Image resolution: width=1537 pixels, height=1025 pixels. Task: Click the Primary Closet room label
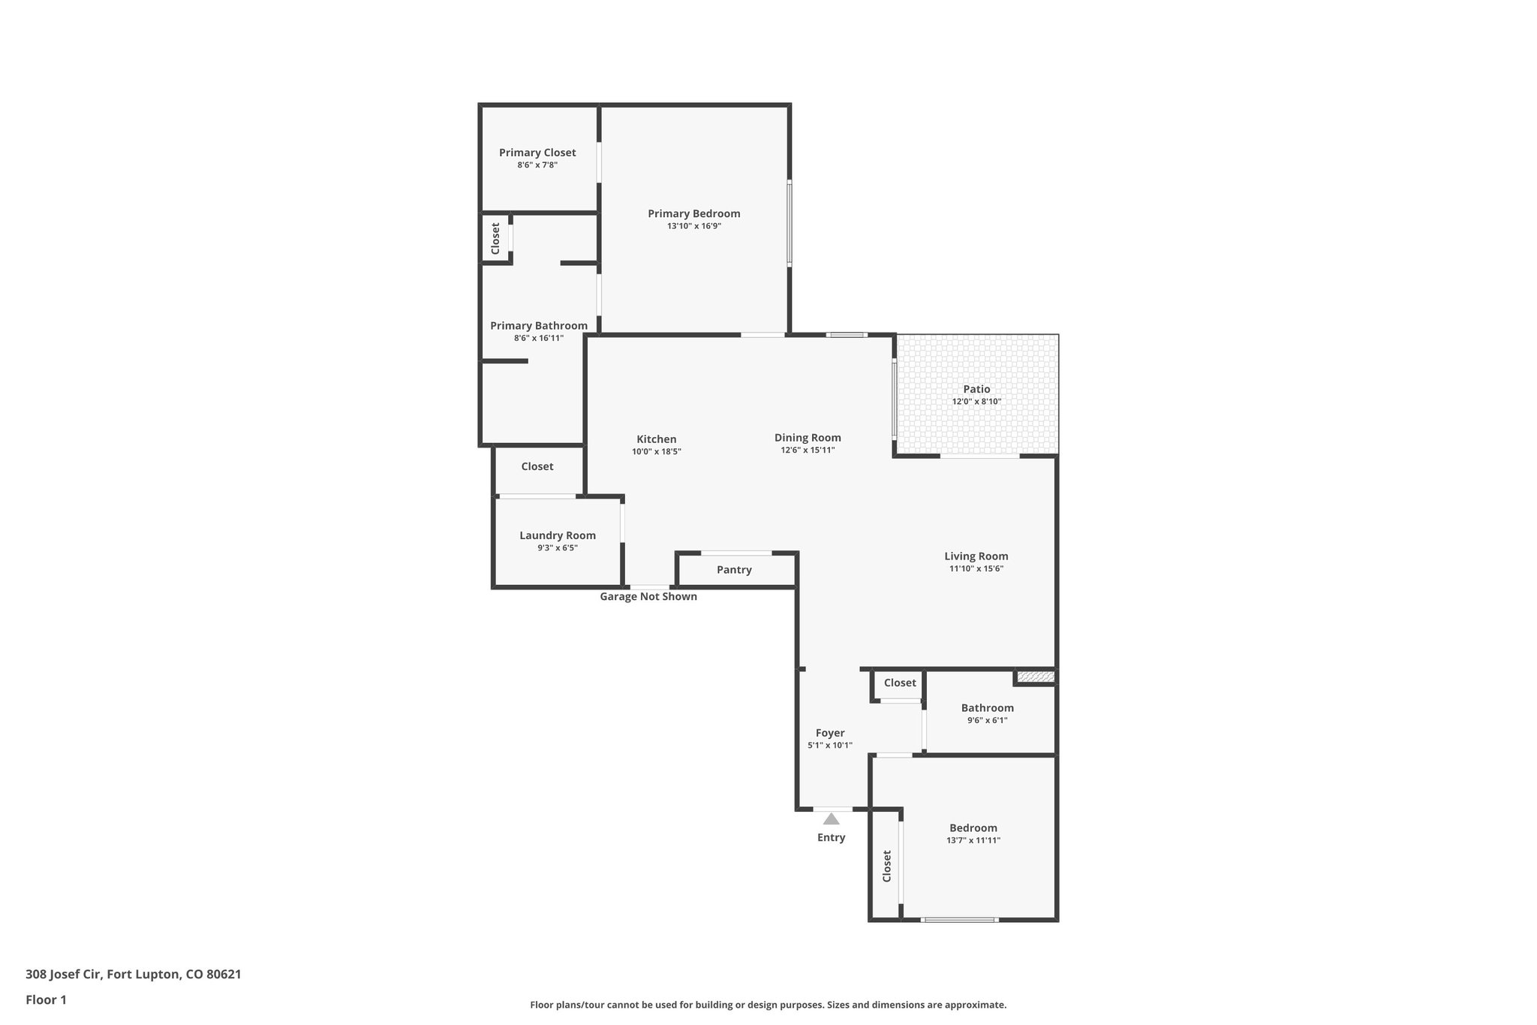[537, 152]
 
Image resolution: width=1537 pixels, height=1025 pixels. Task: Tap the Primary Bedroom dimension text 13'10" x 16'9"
[694, 226]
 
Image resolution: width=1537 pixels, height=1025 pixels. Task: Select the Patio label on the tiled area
[976, 389]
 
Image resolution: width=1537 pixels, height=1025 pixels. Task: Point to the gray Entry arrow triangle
[831, 819]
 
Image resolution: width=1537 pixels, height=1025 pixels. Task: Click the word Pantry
[734, 570]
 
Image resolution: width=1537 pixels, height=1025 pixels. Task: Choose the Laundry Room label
[558, 535]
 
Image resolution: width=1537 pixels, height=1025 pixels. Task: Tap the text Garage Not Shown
[648, 597]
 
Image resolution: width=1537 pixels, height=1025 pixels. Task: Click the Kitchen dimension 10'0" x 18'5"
[657, 452]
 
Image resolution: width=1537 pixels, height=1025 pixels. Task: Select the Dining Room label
[808, 438]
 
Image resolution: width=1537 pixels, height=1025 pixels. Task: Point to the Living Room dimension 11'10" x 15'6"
[976, 569]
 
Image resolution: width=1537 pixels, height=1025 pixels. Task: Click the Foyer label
[830, 733]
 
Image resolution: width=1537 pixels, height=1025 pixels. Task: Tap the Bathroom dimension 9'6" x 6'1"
[988, 720]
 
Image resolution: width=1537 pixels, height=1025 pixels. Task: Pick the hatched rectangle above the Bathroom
[1036, 677]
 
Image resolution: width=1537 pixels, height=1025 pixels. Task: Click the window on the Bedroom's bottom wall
[960, 919]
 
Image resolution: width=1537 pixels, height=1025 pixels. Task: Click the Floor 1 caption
[47, 999]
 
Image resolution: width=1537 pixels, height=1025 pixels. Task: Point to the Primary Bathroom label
[539, 326]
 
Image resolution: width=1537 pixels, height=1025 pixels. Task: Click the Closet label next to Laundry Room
[537, 466]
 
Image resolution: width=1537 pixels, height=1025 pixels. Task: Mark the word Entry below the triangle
[831, 837]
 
